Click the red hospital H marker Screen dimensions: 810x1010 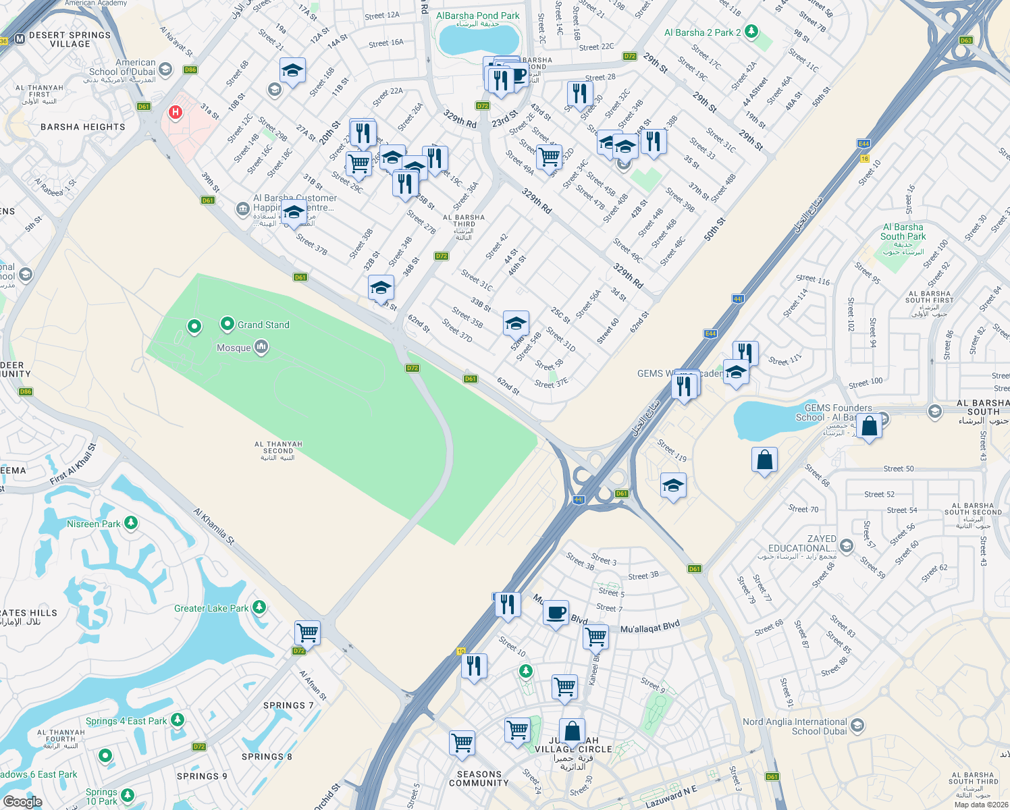click(176, 112)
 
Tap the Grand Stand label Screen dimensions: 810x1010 click(263, 325)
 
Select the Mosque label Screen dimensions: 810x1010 click(234, 348)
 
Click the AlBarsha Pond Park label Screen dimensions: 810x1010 click(478, 16)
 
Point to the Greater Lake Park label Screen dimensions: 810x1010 click(211, 608)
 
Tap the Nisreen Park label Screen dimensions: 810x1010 click(94, 524)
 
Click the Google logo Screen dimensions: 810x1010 click(22, 801)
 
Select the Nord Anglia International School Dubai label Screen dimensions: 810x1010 click(795, 726)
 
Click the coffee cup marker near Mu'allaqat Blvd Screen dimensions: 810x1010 click(556, 613)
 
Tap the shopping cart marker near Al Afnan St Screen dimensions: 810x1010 click(307, 633)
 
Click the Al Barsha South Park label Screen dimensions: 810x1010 click(903, 232)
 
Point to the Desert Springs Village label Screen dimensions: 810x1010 click(70, 39)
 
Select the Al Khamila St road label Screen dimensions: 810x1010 click(214, 526)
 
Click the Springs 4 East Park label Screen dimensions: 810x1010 click(126, 721)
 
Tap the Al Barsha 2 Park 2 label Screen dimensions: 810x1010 click(702, 32)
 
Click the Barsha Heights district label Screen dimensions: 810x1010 click(83, 127)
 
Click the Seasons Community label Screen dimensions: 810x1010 click(479, 778)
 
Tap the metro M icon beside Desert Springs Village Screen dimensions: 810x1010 click(20, 39)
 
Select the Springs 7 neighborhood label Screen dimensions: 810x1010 click(288, 705)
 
